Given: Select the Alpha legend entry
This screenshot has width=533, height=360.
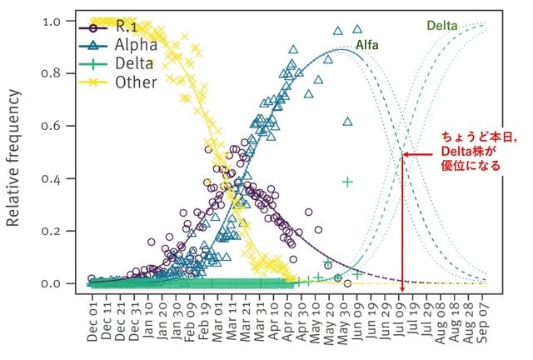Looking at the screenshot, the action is (118, 45).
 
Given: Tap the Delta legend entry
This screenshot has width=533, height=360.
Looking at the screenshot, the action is (117, 63).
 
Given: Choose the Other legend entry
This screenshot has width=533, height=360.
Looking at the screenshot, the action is (118, 82).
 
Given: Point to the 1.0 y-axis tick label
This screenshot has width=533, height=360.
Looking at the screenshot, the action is (52, 22).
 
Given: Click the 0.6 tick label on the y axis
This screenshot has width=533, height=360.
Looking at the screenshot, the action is (51, 126).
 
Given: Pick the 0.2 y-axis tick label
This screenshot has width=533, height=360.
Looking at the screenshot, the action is (51, 232).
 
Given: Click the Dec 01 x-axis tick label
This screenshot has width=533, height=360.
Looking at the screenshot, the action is (92, 322).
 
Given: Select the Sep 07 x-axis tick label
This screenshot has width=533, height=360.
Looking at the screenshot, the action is (483, 322).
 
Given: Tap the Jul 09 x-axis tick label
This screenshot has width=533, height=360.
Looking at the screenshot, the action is (399, 321).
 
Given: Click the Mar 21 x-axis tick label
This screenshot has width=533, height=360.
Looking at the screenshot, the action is (246, 322).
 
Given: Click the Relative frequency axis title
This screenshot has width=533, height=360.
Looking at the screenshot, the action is (13, 157).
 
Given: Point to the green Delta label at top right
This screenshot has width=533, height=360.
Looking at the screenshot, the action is (442, 26).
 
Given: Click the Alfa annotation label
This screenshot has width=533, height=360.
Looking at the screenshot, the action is (367, 45).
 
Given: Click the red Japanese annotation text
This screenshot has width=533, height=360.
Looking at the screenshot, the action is (479, 151).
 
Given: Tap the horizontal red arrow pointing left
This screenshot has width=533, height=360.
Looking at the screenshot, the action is (418, 154).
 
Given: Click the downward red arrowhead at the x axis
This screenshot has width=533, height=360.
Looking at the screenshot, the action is (402, 289).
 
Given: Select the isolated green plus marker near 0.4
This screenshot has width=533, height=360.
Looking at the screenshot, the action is (347, 182).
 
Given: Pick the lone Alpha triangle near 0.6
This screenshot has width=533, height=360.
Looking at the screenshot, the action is (347, 122).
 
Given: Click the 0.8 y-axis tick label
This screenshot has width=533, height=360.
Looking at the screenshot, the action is (51, 74).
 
